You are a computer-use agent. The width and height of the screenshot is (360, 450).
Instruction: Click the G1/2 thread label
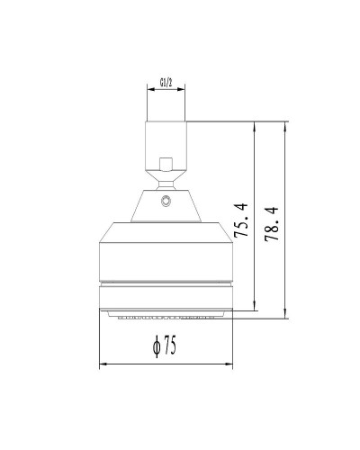[x=166, y=82]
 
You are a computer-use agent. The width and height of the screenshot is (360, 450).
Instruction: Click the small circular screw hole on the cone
[x=166, y=202]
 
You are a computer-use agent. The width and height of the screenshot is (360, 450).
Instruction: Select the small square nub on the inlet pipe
[x=166, y=165]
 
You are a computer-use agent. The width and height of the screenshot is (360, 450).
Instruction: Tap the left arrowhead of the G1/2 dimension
[x=149, y=88]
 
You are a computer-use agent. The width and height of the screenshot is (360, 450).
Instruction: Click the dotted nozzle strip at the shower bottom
[x=166, y=317]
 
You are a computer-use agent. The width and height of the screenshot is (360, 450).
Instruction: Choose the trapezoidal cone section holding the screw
[x=166, y=202]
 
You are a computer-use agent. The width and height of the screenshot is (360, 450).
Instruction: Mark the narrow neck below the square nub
[x=166, y=179]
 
